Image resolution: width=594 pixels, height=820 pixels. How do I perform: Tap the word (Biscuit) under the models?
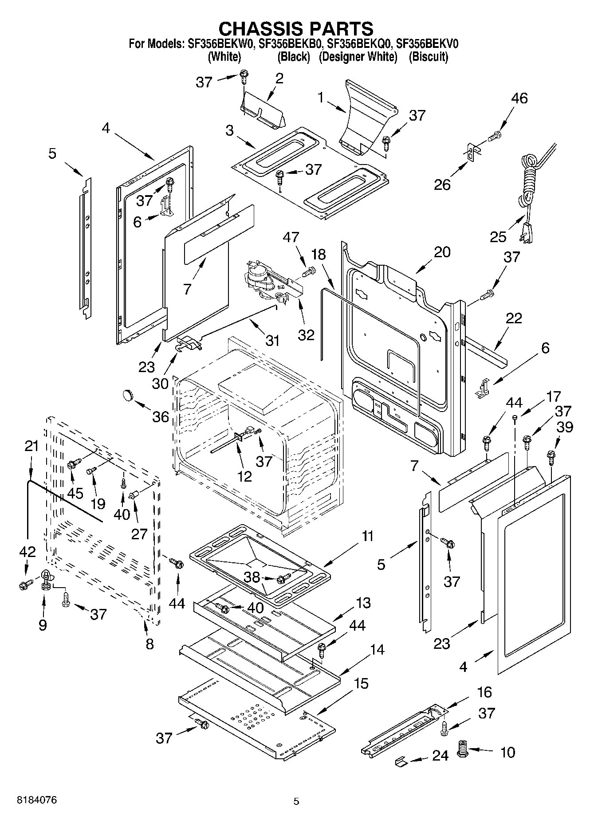click(428, 57)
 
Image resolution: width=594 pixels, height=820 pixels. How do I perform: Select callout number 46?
click(519, 98)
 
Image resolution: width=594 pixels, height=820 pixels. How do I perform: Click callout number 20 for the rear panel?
click(442, 252)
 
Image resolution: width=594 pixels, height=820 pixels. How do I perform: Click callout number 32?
click(306, 334)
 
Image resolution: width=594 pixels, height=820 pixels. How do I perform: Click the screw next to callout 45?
click(73, 464)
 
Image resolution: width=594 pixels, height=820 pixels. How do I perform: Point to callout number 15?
click(362, 683)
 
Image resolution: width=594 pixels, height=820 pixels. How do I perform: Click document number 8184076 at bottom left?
click(37, 800)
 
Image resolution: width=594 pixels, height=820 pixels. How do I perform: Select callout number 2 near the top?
click(279, 78)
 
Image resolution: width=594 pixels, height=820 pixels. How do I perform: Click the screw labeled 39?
click(551, 455)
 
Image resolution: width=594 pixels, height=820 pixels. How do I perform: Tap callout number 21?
click(31, 446)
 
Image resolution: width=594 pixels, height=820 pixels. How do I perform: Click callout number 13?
click(363, 603)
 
